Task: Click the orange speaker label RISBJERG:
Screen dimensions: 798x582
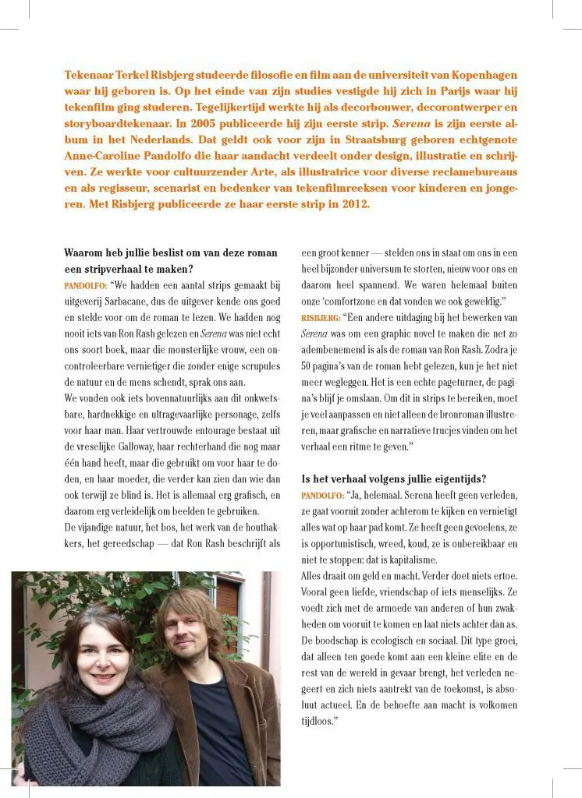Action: [x=320, y=318]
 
